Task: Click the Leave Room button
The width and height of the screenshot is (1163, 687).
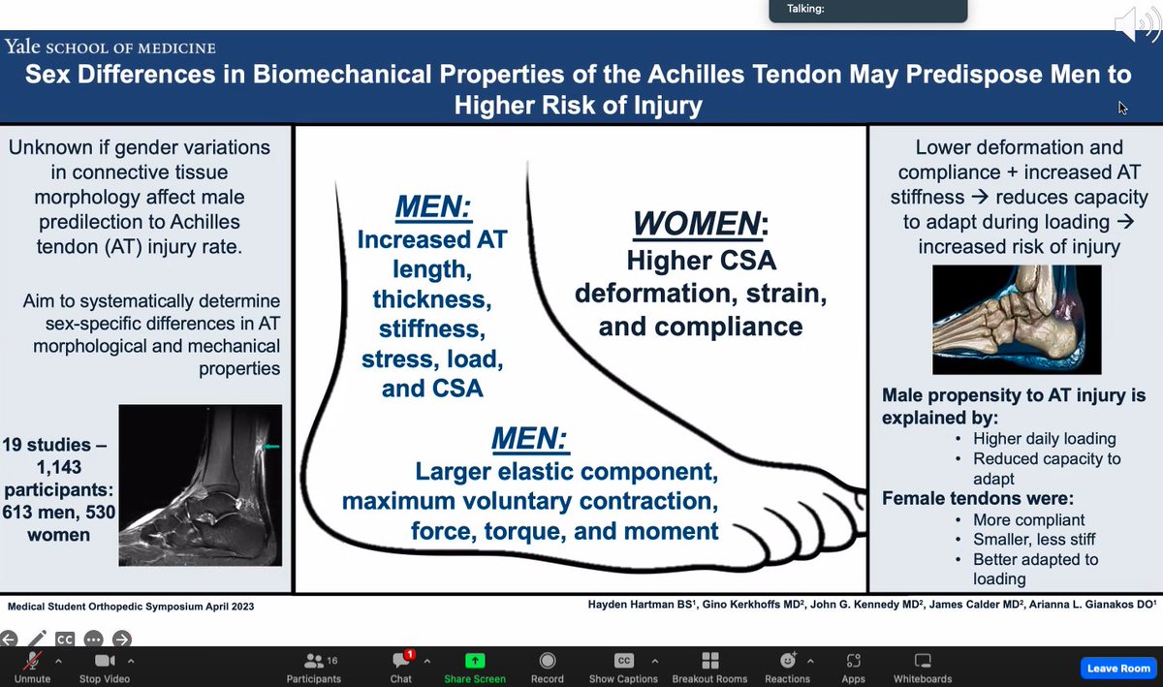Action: click(x=1118, y=668)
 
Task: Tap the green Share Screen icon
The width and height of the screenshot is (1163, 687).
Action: click(x=475, y=661)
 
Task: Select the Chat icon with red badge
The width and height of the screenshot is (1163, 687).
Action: click(x=401, y=661)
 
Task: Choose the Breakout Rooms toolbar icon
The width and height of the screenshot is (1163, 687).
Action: click(x=709, y=661)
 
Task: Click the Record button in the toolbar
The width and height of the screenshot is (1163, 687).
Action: click(x=548, y=661)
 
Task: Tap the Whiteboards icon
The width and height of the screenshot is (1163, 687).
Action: click(x=922, y=661)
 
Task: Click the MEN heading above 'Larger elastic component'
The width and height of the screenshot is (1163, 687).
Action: click(x=529, y=440)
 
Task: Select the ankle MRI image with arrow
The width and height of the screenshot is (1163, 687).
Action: click(x=200, y=485)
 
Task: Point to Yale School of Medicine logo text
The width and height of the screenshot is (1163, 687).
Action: click(x=110, y=47)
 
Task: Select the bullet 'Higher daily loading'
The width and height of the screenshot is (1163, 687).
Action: click(x=1031, y=439)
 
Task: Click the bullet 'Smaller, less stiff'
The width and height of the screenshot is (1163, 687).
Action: click(x=1035, y=539)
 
